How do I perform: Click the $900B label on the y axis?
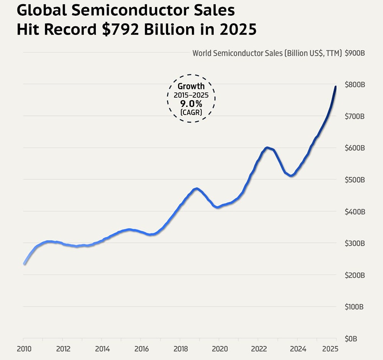pos(355,53)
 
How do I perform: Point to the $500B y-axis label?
pos(355,180)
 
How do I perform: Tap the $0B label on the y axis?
pos(351,339)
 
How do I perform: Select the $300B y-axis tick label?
pos(355,243)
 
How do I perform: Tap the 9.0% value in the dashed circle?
pos(191,104)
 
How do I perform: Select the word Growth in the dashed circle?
pos(191,87)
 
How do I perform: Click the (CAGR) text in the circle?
pos(191,112)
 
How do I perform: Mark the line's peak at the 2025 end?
pos(336,87)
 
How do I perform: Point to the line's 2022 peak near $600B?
pos(267,148)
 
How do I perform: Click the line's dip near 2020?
pos(218,207)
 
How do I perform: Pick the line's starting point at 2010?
pos(24,264)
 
